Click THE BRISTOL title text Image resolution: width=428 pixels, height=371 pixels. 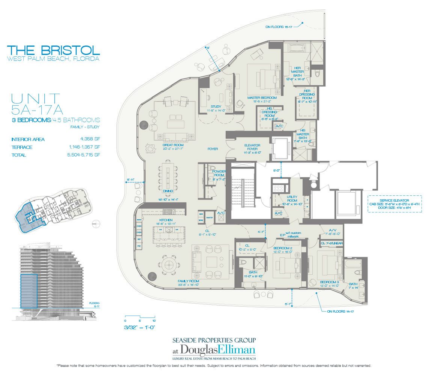(53, 50)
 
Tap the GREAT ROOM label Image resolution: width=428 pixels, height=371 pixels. (172, 144)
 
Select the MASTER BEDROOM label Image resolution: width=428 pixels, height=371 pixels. (260, 98)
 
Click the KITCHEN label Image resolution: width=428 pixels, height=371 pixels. (166, 220)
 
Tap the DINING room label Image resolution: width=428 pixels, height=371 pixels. (167, 191)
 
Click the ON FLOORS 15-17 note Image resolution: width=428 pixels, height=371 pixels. (279, 27)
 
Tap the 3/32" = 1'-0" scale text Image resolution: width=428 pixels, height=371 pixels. (139, 327)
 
